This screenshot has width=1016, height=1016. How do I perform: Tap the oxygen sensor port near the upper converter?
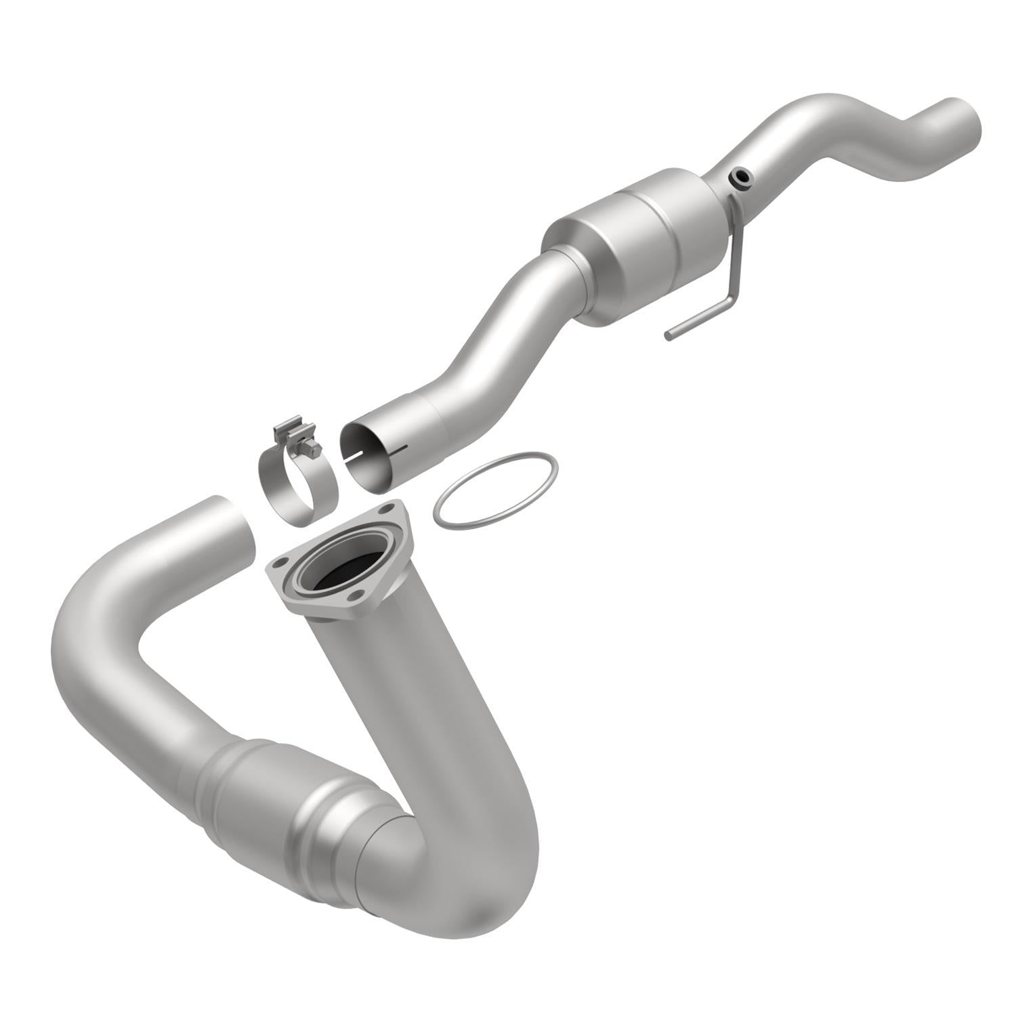tap(741, 178)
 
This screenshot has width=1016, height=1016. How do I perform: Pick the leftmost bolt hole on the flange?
tap(278, 562)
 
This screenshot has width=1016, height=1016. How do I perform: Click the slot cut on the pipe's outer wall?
tap(400, 448)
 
